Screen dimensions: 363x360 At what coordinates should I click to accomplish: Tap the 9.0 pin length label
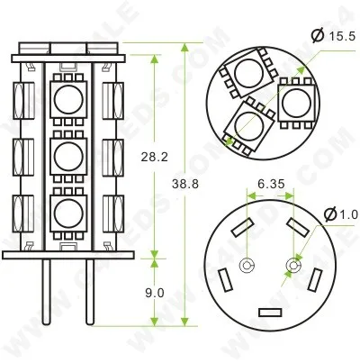coord(154,293)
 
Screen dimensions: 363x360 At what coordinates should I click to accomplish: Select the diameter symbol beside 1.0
coord(329,214)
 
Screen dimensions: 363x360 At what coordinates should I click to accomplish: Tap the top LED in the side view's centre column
coord(67,99)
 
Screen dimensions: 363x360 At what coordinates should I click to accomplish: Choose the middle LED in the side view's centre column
coord(67,157)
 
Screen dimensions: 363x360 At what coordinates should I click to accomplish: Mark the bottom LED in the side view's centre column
coord(67,213)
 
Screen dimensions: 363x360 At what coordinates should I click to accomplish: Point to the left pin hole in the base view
coord(247,266)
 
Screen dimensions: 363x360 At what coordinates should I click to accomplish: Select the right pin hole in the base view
coord(292,266)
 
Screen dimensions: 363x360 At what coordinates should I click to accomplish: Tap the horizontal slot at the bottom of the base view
coord(270,312)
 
